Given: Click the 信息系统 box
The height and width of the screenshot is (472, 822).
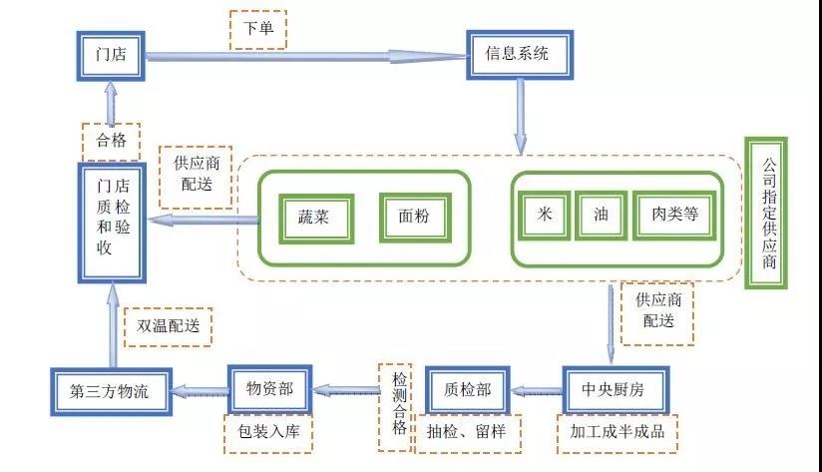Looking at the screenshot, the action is tap(520, 55).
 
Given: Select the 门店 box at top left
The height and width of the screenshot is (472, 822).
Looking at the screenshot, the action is tap(111, 56).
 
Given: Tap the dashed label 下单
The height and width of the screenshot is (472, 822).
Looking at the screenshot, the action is tap(258, 29).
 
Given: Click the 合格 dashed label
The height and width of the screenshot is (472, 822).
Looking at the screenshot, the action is tap(111, 141).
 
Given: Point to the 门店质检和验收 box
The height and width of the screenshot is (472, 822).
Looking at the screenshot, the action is tap(112, 223).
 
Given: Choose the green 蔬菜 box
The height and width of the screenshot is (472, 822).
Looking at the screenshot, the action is tap(316, 219).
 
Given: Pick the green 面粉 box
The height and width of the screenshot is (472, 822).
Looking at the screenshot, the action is tap(415, 218).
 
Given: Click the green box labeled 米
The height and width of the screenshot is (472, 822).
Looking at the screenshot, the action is tap(544, 215).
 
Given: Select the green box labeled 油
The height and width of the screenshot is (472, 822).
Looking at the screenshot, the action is tap(601, 215).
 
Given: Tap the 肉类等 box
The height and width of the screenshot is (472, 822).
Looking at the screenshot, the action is tap(674, 215).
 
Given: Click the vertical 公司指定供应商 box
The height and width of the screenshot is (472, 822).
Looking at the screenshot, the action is tap(766, 213).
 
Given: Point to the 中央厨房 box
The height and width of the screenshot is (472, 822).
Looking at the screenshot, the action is tap(616, 389).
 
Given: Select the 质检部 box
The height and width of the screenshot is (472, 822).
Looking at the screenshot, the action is tap(468, 390).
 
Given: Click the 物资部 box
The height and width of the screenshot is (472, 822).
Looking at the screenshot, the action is tap(270, 389).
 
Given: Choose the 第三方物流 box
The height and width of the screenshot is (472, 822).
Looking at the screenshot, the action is tap(111, 392).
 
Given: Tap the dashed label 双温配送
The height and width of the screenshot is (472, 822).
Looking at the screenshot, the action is tap(169, 326).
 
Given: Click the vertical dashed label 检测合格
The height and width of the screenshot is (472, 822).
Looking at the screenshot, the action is tap(395, 407).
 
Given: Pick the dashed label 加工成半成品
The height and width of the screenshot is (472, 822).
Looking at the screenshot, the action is tap(617, 434).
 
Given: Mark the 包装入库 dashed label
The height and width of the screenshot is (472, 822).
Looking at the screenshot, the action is tap(268, 433).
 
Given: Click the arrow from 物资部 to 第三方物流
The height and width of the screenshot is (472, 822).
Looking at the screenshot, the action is tap(200, 391).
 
